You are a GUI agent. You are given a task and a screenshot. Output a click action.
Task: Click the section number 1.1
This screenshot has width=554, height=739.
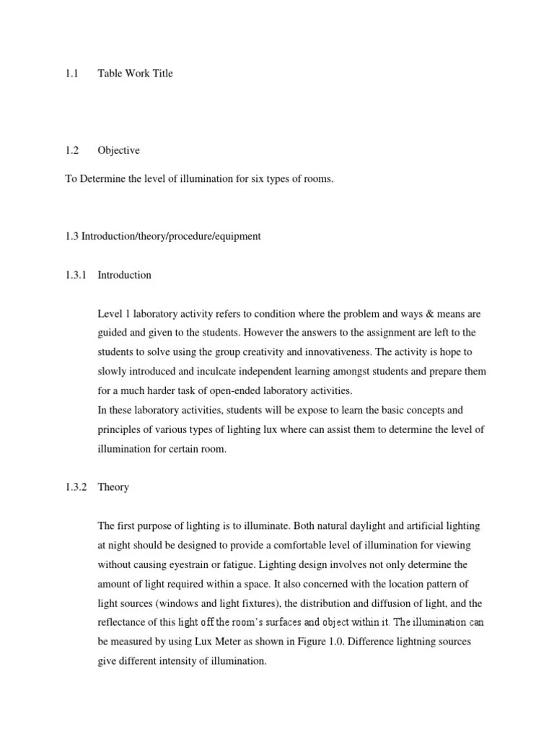pyautogui.click(x=71, y=74)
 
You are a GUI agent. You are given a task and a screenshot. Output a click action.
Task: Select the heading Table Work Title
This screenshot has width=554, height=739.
pyautogui.click(x=136, y=74)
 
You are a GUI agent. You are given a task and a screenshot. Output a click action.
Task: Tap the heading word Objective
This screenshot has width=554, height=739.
pyautogui.click(x=118, y=151)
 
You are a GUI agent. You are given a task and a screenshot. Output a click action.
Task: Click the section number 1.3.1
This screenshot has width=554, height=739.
pyautogui.click(x=75, y=275)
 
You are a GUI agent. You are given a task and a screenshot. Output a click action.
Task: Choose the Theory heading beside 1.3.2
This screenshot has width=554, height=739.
pyautogui.click(x=113, y=487)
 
